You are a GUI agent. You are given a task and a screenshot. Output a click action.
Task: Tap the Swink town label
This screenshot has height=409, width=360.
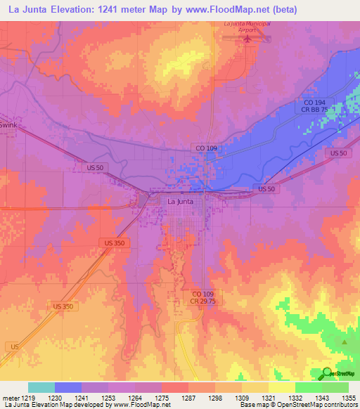(8, 124)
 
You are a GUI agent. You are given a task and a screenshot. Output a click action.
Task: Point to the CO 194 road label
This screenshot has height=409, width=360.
(306, 102)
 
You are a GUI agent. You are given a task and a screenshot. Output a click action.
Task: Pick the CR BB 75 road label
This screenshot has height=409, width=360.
(310, 110)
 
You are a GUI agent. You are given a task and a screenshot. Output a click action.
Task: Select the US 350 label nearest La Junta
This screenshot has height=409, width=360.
(113, 242)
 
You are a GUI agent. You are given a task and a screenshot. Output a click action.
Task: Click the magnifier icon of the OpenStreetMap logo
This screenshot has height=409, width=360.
(326, 373)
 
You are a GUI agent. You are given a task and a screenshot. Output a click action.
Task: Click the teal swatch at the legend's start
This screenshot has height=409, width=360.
(41, 387)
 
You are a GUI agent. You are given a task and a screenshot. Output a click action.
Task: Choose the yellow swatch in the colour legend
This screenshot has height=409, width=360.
(281, 387)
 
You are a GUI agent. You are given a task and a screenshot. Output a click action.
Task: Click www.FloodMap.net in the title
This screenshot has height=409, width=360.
(228, 10)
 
